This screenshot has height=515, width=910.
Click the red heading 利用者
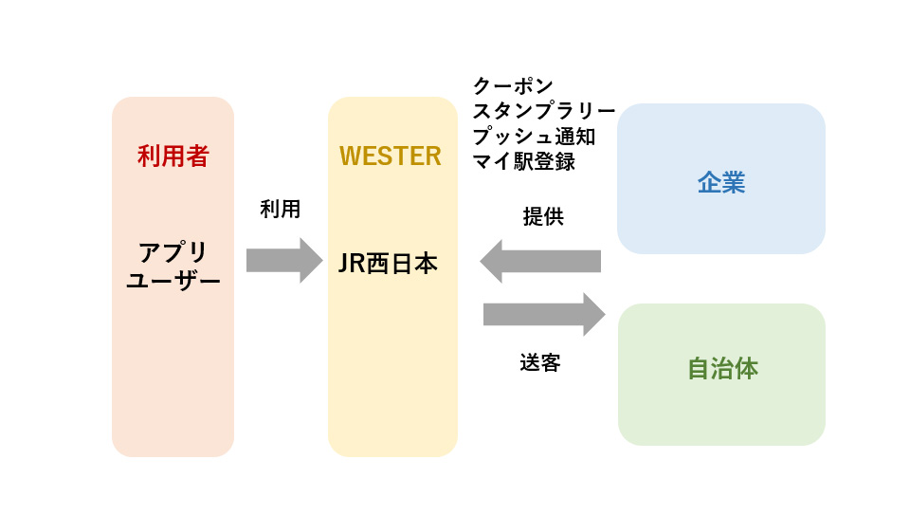coord(173,156)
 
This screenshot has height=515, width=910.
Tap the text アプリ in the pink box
coord(173,253)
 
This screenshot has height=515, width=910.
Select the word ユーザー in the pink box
coord(173,281)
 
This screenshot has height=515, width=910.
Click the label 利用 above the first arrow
coord(281,209)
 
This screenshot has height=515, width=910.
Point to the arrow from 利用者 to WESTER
coord(284,260)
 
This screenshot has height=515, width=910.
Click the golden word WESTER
coord(391,156)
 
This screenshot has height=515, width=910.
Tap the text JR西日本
coord(388,264)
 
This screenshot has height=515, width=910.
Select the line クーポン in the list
coord(513,86)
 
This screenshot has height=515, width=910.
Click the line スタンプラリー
coord(544,111)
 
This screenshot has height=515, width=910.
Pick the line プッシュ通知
coord(534,137)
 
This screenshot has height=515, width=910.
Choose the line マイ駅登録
coord(524,161)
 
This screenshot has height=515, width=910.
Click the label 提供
coord(543,216)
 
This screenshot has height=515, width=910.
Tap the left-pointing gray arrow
coord(540,261)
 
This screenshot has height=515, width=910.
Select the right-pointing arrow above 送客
coord(544,315)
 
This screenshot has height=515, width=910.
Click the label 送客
coord(540,363)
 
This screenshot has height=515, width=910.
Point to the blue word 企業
coord(721,183)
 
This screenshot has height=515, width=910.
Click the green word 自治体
coord(722,369)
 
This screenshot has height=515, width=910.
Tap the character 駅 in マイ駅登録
coord(524,161)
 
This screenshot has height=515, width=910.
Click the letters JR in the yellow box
coord(352,264)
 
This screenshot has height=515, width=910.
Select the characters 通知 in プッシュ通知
coord(575,137)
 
